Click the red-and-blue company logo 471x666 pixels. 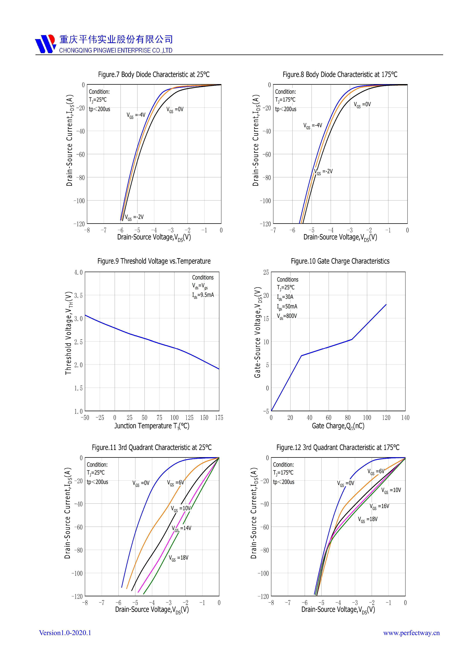tap(46, 44)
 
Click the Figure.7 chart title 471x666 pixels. tap(154, 75)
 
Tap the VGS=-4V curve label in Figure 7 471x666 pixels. tap(136, 115)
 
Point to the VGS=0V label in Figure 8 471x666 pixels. tap(362, 105)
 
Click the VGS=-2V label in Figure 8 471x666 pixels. tap(324, 172)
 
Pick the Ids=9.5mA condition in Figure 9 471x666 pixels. tap(203, 295)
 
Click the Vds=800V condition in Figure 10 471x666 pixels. tap(287, 316)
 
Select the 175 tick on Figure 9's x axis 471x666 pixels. tap(219, 418)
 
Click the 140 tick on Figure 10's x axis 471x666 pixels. tap(405, 418)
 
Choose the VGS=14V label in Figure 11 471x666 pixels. tap(181, 528)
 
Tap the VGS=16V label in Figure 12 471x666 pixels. tap(379, 507)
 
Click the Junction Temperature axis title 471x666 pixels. tap(152, 426)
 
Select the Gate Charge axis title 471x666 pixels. tap(338, 426)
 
